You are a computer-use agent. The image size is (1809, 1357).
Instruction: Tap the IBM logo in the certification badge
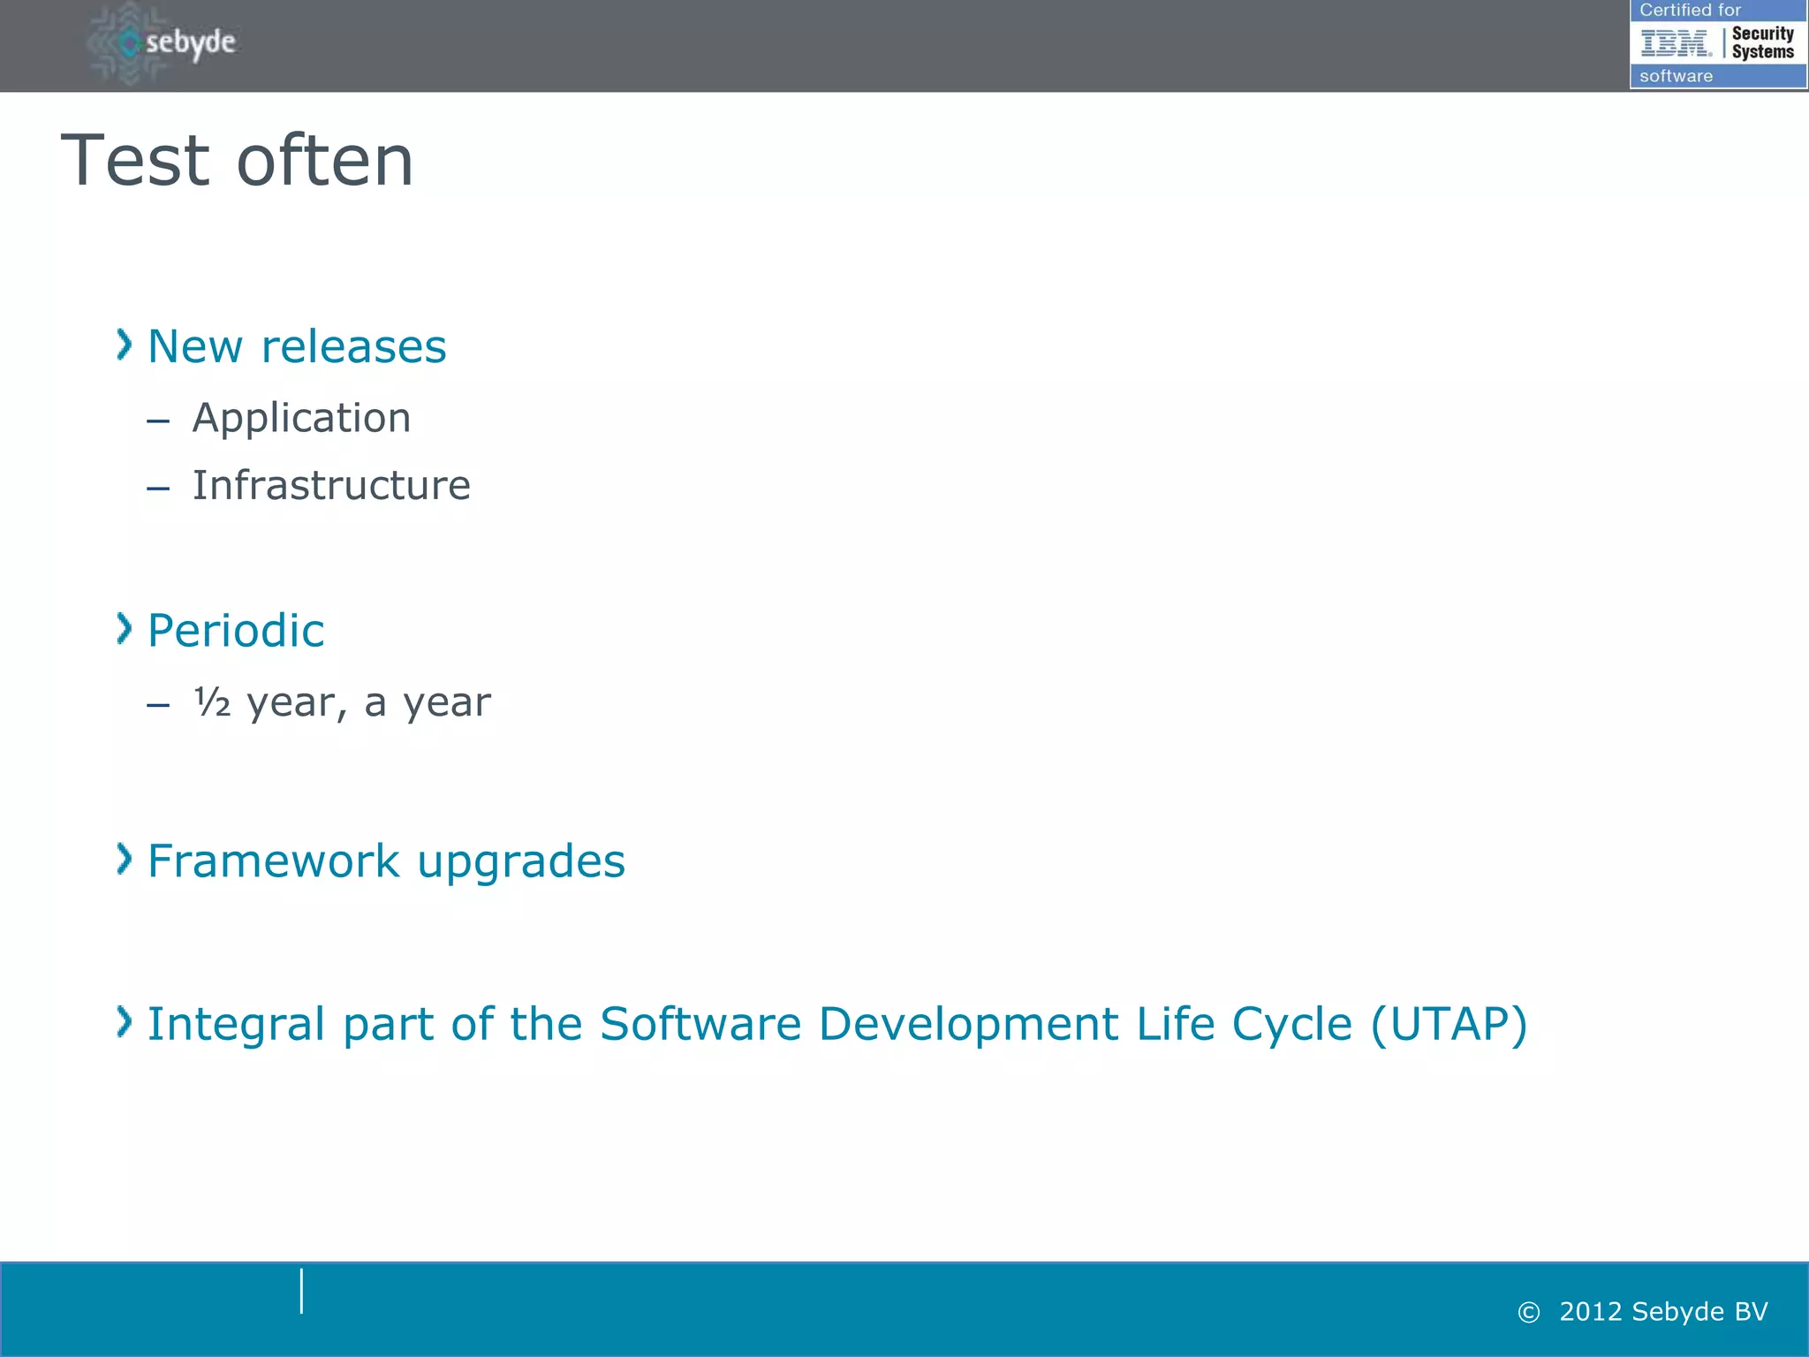[x=1676, y=42]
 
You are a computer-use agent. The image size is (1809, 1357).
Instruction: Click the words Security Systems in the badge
[x=1762, y=42]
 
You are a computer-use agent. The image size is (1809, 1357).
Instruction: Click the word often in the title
[x=325, y=161]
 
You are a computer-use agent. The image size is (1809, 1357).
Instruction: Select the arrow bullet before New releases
[x=125, y=345]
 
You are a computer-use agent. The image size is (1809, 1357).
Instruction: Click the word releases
[x=353, y=346]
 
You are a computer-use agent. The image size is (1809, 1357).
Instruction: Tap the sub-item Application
[x=301, y=419]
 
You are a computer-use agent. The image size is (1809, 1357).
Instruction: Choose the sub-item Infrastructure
[x=331, y=486]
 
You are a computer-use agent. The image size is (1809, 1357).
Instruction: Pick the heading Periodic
[x=235, y=631]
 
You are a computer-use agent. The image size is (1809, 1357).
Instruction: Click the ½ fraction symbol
[x=212, y=702]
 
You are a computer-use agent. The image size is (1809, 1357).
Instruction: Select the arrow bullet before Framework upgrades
[x=125, y=859]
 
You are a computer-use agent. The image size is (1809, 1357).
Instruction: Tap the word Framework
[x=273, y=861]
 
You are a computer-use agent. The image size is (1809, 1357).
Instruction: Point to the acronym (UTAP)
[x=1449, y=1025]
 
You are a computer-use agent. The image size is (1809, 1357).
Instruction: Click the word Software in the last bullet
[x=700, y=1025]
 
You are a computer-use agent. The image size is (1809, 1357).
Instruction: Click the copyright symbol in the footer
[x=1528, y=1313]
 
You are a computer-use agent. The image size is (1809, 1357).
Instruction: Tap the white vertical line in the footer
[x=301, y=1291]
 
